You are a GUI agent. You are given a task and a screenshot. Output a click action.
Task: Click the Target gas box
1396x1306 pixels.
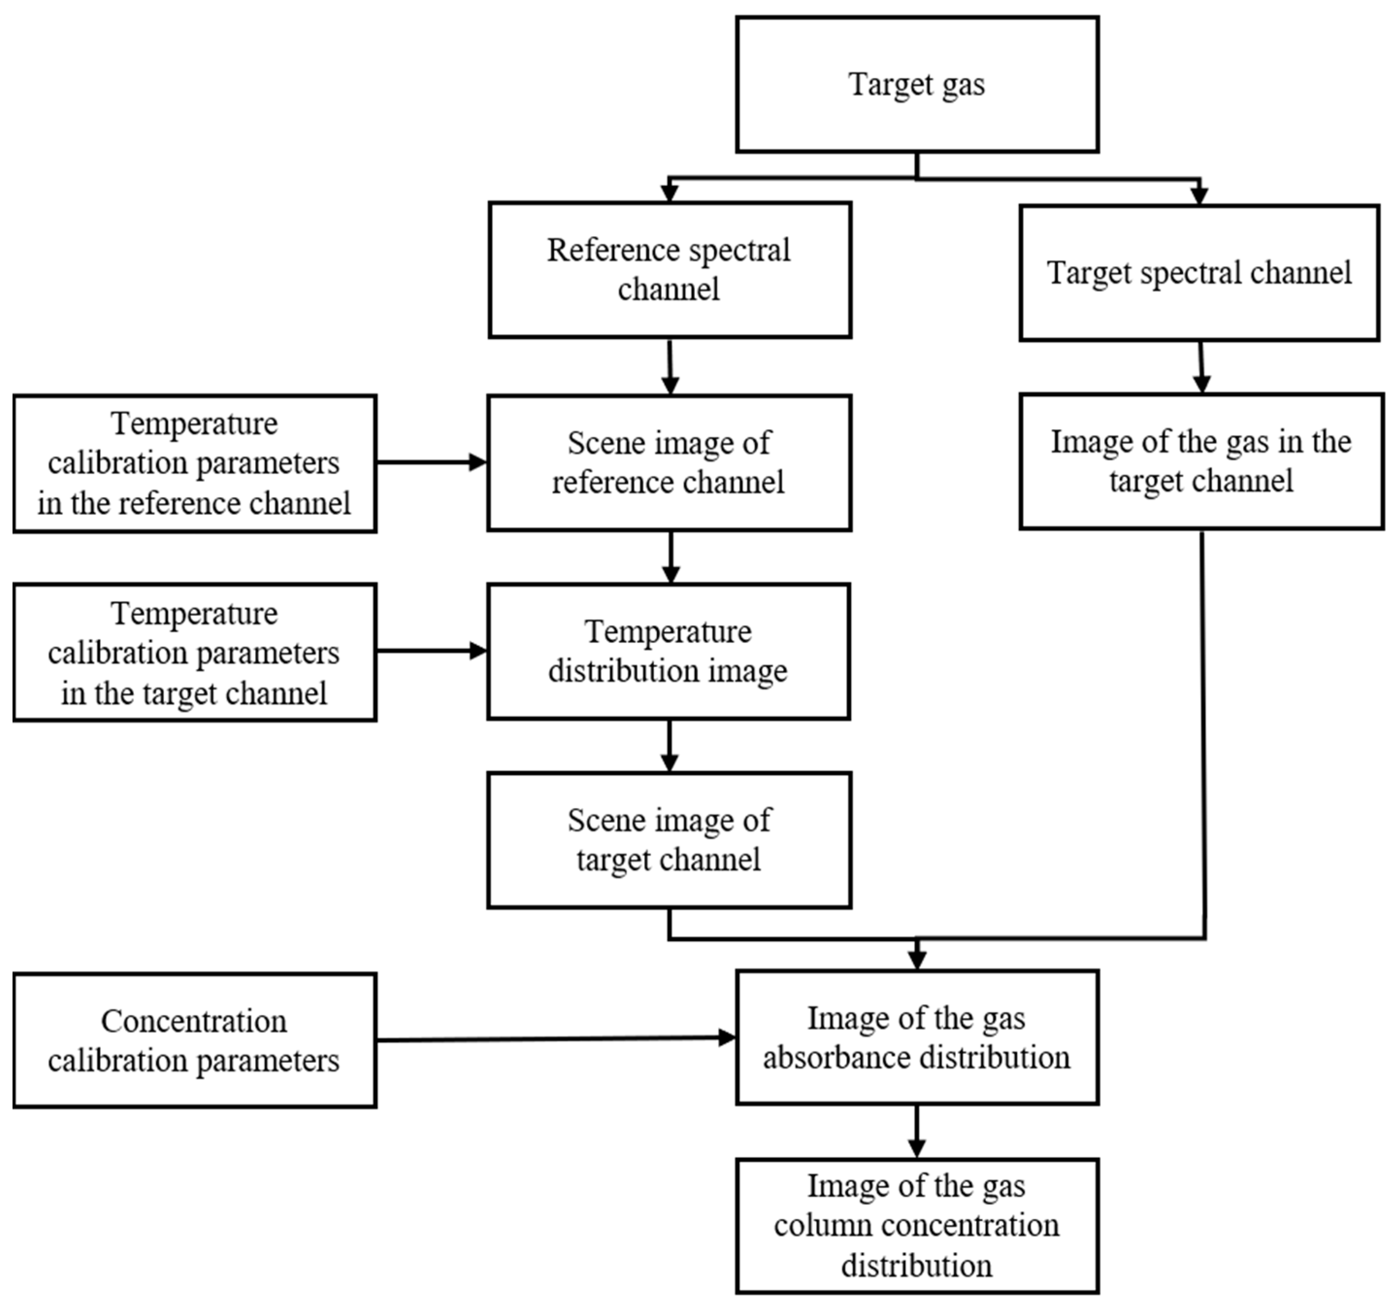pyautogui.click(x=917, y=84)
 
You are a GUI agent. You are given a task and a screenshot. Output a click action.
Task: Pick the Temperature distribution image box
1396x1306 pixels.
pyautogui.click(x=669, y=651)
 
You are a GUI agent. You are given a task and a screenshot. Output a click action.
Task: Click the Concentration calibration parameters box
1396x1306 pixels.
pyautogui.click(x=195, y=1040)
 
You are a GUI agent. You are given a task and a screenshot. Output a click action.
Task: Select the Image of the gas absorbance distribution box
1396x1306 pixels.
pyautogui.click(x=917, y=1037)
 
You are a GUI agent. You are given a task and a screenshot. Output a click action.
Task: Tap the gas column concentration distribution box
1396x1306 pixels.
pyautogui.click(x=917, y=1225)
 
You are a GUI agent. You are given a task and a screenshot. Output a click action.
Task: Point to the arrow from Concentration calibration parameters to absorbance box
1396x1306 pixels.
pyautogui.click(x=555, y=1038)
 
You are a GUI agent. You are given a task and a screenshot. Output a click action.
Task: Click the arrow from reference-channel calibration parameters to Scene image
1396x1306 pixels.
pyautogui.click(x=431, y=462)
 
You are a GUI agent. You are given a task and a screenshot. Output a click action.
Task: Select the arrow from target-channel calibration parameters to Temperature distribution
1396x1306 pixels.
pyautogui.click(x=431, y=651)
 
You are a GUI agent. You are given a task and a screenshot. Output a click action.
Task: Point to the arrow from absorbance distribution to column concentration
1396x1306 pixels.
pyautogui.click(x=917, y=1131)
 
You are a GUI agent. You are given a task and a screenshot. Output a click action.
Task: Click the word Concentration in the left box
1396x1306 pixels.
pyautogui.click(x=194, y=1021)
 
